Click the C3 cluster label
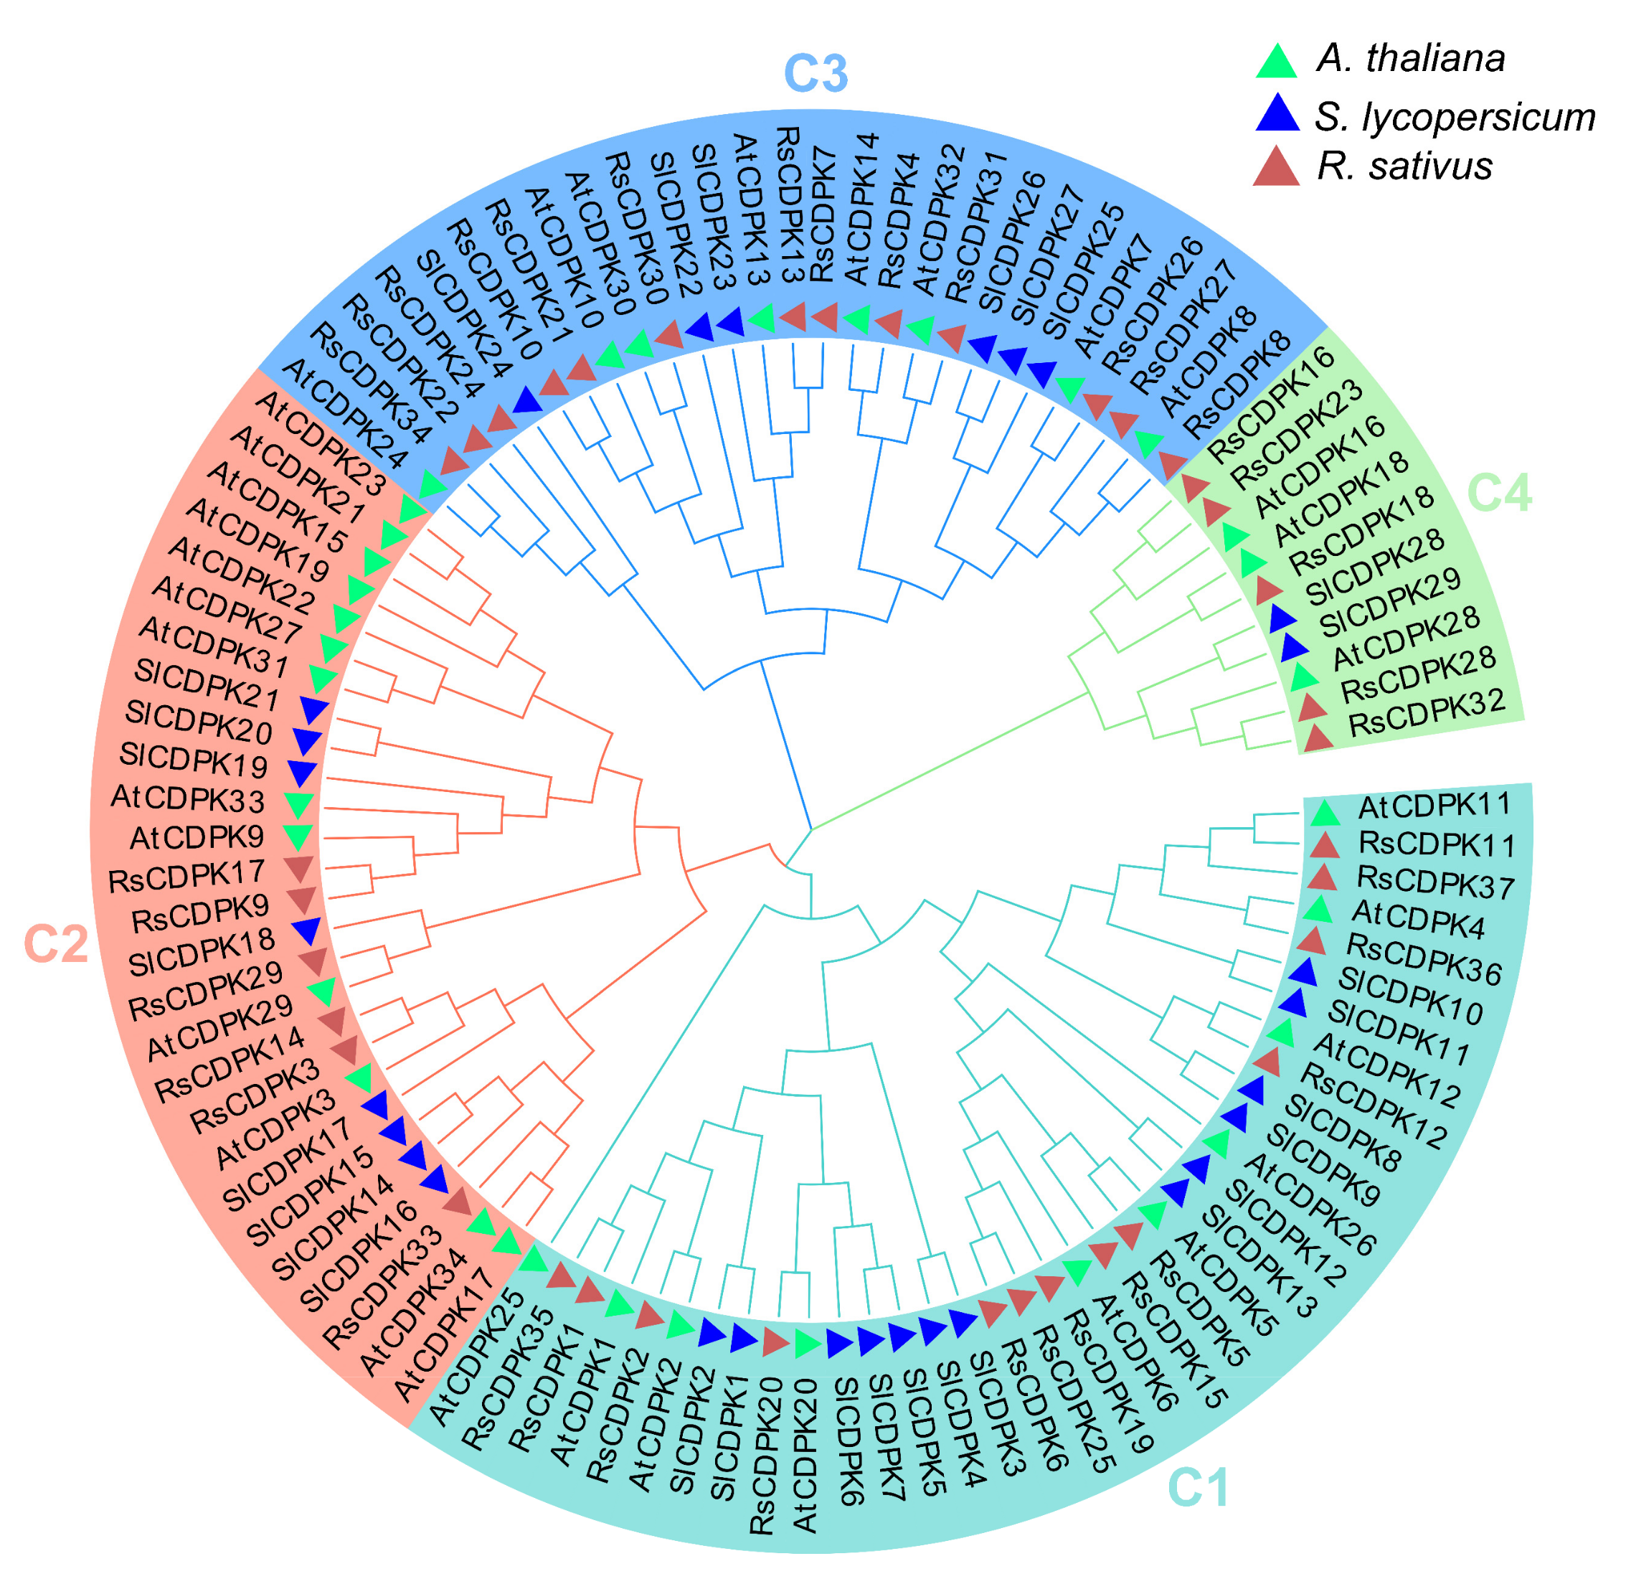click(815, 73)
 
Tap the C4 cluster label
click(1500, 493)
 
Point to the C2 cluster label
click(56, 944)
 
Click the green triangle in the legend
click(1276, 61)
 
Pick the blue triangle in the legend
click(1276, 113)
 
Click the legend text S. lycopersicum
click(1454, 116)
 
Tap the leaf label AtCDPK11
click(1434, 806)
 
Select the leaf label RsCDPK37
click(1435, 884)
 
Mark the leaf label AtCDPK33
click(188, 798)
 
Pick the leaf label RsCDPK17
click(186, 877)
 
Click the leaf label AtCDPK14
click(861, 209)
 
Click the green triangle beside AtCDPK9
click(297, 835)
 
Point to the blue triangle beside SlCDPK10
click(1303, 971)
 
